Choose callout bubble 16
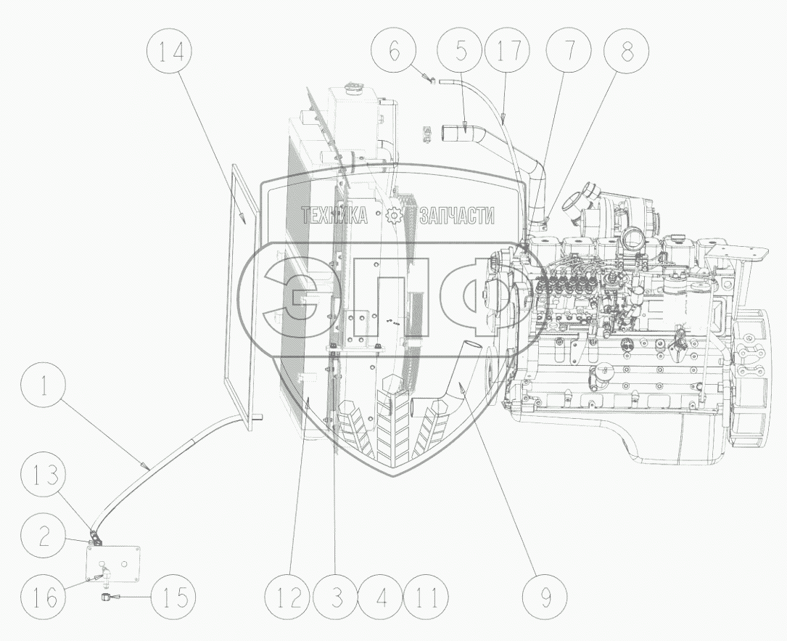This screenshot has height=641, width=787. pyautogui.click(x=44, y=598)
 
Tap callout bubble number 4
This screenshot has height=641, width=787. pyautogui.click(x=381, y=598)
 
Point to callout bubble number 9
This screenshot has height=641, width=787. pyautogui.click(x=545, y=598)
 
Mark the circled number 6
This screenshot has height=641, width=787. pyautogui.click(x=393, y=52)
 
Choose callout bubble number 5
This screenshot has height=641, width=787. pyautogui.click(x=461, y=52)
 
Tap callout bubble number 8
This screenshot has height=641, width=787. pyautogui.click(x=625, y=52)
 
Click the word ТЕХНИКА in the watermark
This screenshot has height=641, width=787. pyautogui.click(x=334, y=215)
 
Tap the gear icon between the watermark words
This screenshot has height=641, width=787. pyautogui.click(x=394, y=215)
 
